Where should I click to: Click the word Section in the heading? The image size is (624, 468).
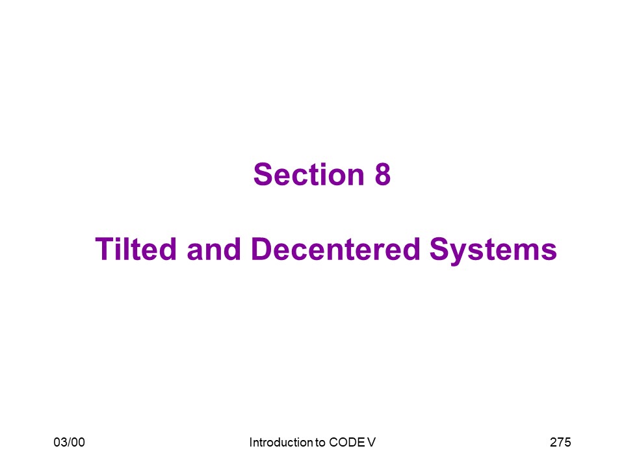(x=309, y=174)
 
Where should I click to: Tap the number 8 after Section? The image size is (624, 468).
(x=382, y=174)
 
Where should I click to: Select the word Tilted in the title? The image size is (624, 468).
(x=136, y=249)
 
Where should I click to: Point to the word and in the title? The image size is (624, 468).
(x=214, y=249)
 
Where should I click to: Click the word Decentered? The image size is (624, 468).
(x=335, y=249)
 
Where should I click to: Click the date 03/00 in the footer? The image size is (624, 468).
(x=70, y=442)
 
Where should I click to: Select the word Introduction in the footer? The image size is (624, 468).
(x=281, y=442)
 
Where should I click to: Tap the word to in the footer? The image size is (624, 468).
(x=320, y=443)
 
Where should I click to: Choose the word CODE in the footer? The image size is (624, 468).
(x=347, y=442)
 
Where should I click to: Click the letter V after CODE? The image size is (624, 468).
(x=371, y=442)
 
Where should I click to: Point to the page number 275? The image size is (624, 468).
(x=560, y=442)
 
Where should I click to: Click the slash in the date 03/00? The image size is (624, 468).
(x=70, y=442)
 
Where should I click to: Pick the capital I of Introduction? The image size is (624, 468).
(x=251, y=442)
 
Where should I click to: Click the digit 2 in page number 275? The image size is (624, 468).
(x=554, y=442)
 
